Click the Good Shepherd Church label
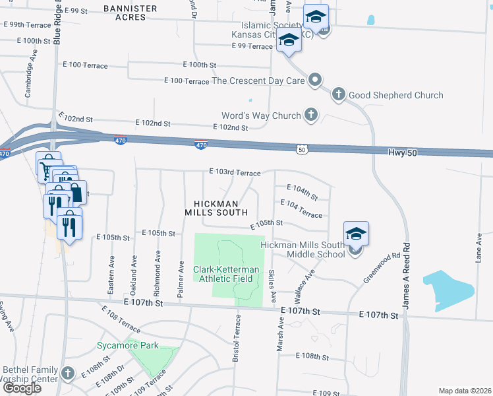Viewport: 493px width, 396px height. click(x=395, y=95)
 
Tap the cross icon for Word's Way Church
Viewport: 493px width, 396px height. click(x=311, y=115)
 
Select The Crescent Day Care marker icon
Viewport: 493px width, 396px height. click(x=315, y=81)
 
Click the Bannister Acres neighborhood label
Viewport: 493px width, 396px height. click(x=130, y=13)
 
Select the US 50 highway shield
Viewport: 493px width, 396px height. click(x=301, y=150)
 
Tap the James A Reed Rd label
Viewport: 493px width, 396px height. click(x=407, y=271)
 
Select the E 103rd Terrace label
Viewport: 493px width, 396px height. click(x=235, y=172)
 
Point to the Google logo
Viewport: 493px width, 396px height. click(x=21, y=388)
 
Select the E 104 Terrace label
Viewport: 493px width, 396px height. click(x=301, y=209)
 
